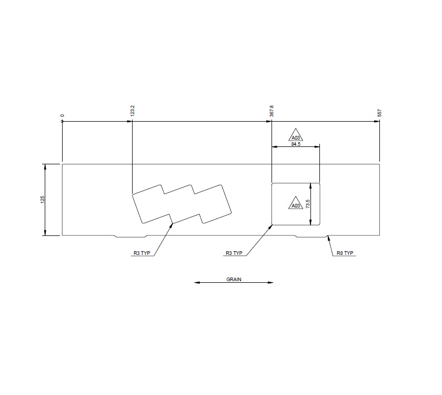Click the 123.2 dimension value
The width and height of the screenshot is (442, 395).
click(133, 111)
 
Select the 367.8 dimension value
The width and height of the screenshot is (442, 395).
click(272, 111)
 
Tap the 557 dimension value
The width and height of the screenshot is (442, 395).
click(379, 113)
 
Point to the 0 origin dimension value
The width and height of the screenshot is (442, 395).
click(63, 115)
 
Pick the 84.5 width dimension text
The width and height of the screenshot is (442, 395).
click(295, 144)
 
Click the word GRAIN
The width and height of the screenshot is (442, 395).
click(234, 280)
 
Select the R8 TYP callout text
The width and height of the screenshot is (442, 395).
click(345, 253)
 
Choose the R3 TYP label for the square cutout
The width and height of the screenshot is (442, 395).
click(234, 253)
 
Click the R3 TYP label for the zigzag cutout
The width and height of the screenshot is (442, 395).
click(142, 253)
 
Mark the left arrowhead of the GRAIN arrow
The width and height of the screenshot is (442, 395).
click(197, 283)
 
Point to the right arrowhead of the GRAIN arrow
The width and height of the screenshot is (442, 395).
click(271, 283)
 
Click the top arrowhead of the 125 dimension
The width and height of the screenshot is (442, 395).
click(46, 166)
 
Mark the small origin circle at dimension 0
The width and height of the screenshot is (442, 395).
click(63, 122)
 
